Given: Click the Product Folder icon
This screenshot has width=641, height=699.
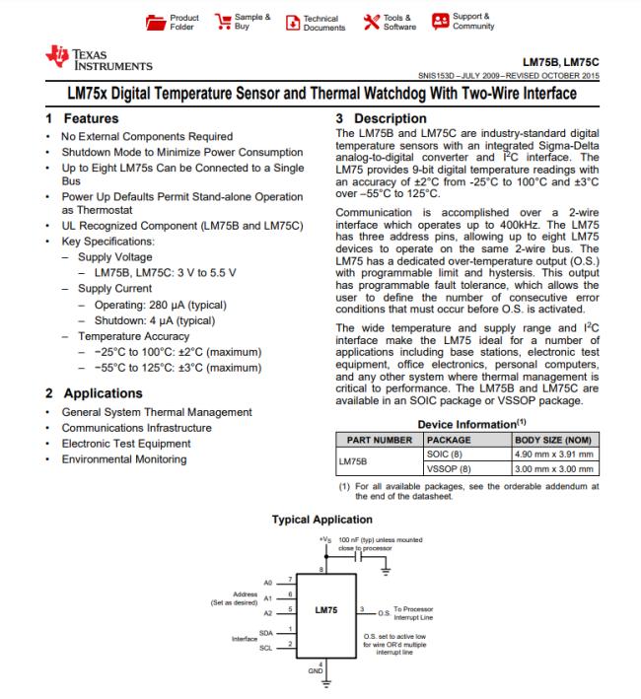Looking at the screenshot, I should click(x=156, y=22).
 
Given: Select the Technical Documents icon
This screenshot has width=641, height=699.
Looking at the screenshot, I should click(x=291, y=22).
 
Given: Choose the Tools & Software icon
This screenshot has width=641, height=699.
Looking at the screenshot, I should click(x=371, y=22).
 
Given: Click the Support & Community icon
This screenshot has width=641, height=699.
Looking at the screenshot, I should click(x=440, y=22).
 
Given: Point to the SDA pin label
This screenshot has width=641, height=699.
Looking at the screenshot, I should click(x=266, y=631).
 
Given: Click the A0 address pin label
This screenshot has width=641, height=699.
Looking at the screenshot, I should click(x=267, y=582).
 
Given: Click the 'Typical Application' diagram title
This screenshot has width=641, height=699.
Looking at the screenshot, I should click(x=322, y=520).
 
